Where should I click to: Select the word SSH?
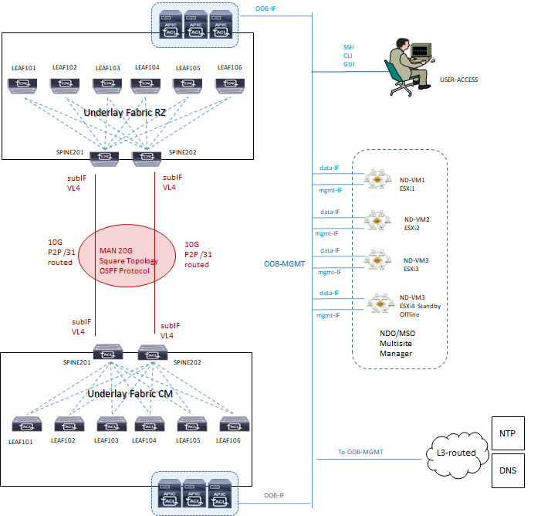pyautogui.click(x=348, y=47)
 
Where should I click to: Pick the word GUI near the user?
pyautogui.click(x=349, y=64)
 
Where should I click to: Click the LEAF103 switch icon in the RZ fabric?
pyautogui.click(x=108, y=83)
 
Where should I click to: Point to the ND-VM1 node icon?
pyautogui.click(x=377, y=178)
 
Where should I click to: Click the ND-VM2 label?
pyautogui.click(x=417, y=219)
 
